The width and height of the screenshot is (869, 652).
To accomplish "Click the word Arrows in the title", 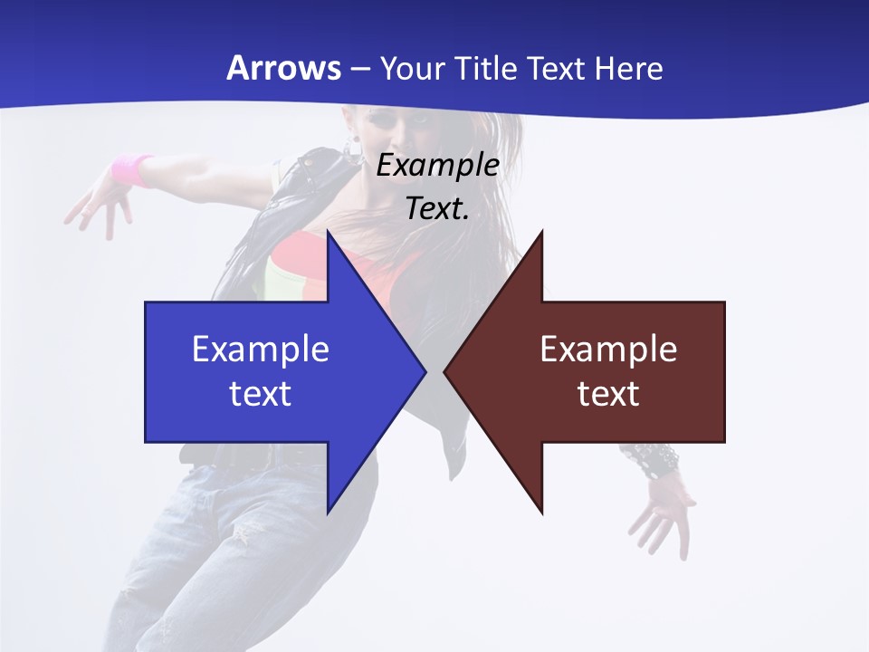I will [283, 68].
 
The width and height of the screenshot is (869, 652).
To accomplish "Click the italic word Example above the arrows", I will [437, 165].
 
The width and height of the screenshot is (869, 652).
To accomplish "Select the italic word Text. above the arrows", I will [437, 208].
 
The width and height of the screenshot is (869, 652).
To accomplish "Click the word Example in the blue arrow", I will [261, 349].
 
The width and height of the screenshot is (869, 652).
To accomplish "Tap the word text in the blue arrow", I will [261, 393].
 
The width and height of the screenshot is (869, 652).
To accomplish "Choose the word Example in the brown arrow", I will [608, 349].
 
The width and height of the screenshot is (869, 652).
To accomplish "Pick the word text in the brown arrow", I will [608, 393].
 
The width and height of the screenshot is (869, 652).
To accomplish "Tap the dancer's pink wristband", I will [132, 169].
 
